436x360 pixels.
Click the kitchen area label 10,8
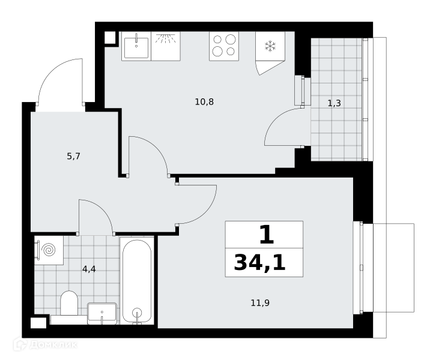[204, 102]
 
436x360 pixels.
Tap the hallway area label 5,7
[73, 157]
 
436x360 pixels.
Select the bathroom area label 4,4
[89, 269]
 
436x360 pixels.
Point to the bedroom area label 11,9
[260, 303]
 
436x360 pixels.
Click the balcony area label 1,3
[335, 103]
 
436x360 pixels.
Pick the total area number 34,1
[259, 263]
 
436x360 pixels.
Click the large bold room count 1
[267, 235]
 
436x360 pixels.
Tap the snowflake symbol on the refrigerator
[270, 46]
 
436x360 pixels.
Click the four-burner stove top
[224, 46]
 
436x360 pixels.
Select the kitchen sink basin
[136, 48]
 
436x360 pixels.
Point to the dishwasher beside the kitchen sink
[165, 46]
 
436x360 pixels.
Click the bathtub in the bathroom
[137, 281]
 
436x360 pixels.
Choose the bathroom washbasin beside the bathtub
[102, 313]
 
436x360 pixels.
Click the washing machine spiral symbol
[49, 250]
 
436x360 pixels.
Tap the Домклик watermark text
[53, 345]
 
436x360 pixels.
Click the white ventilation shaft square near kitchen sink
[110, 37]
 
